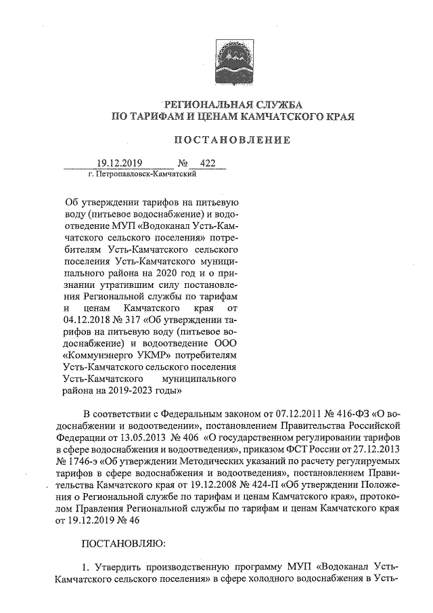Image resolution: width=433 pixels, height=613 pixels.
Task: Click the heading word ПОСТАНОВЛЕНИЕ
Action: pyautogui.click(x=233, y=140)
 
